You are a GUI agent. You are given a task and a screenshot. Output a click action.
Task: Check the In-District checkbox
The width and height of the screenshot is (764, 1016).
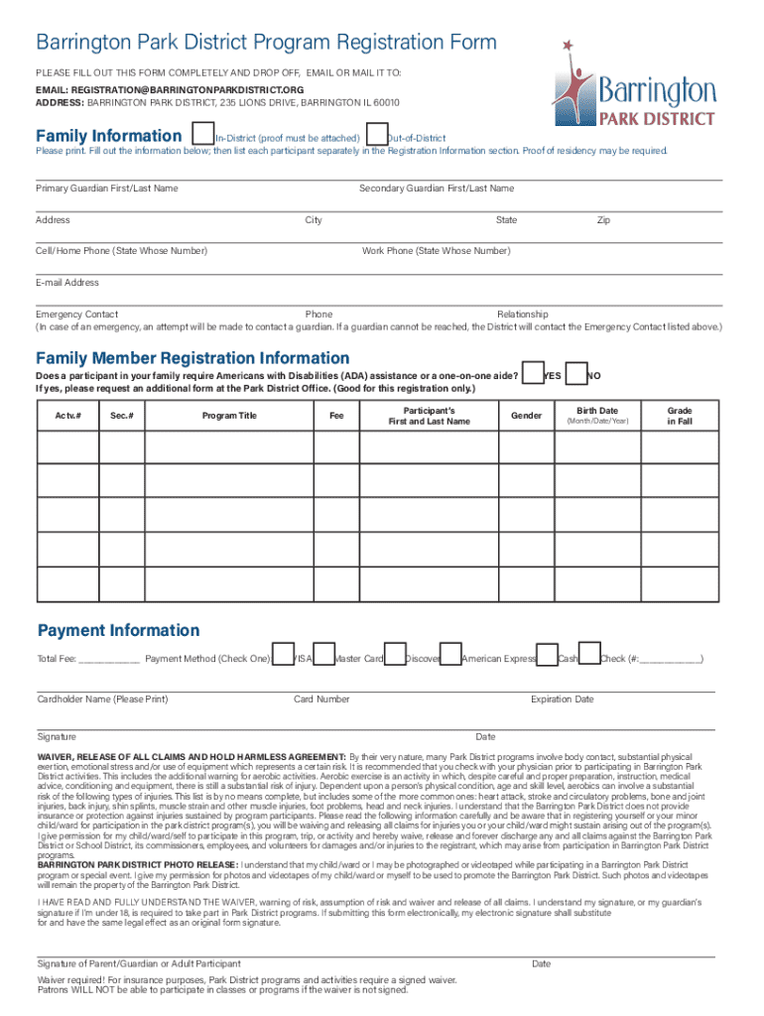[x=203, y=134]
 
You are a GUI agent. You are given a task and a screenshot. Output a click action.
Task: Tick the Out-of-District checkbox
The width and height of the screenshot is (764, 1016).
[x=376, y=134]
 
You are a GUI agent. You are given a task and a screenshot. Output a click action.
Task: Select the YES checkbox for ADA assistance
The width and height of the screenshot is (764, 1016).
[x=533, y=373]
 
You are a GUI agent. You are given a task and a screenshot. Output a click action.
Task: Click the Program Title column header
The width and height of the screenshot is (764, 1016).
[x=229, y=416]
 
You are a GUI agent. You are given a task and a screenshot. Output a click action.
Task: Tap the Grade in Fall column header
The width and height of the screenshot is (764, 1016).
[x=679, y=416]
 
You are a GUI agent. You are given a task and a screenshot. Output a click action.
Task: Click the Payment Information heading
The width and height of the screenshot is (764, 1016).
[x=118, y=631]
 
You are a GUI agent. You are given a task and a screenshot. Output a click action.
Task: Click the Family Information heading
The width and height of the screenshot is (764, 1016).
[x=108, y=135]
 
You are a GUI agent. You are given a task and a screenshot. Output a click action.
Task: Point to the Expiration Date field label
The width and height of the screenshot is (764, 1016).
[x=562, y=699]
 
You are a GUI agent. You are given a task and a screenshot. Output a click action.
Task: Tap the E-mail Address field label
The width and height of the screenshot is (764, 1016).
[x=67, y=283]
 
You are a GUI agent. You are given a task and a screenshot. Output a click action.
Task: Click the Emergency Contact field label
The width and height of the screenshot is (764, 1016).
[x=76, y=315]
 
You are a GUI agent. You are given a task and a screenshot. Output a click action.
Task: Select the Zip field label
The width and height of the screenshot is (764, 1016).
[x=602, y=220]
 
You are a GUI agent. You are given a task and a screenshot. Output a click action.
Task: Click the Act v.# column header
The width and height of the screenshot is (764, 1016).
[x=66, y=416]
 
